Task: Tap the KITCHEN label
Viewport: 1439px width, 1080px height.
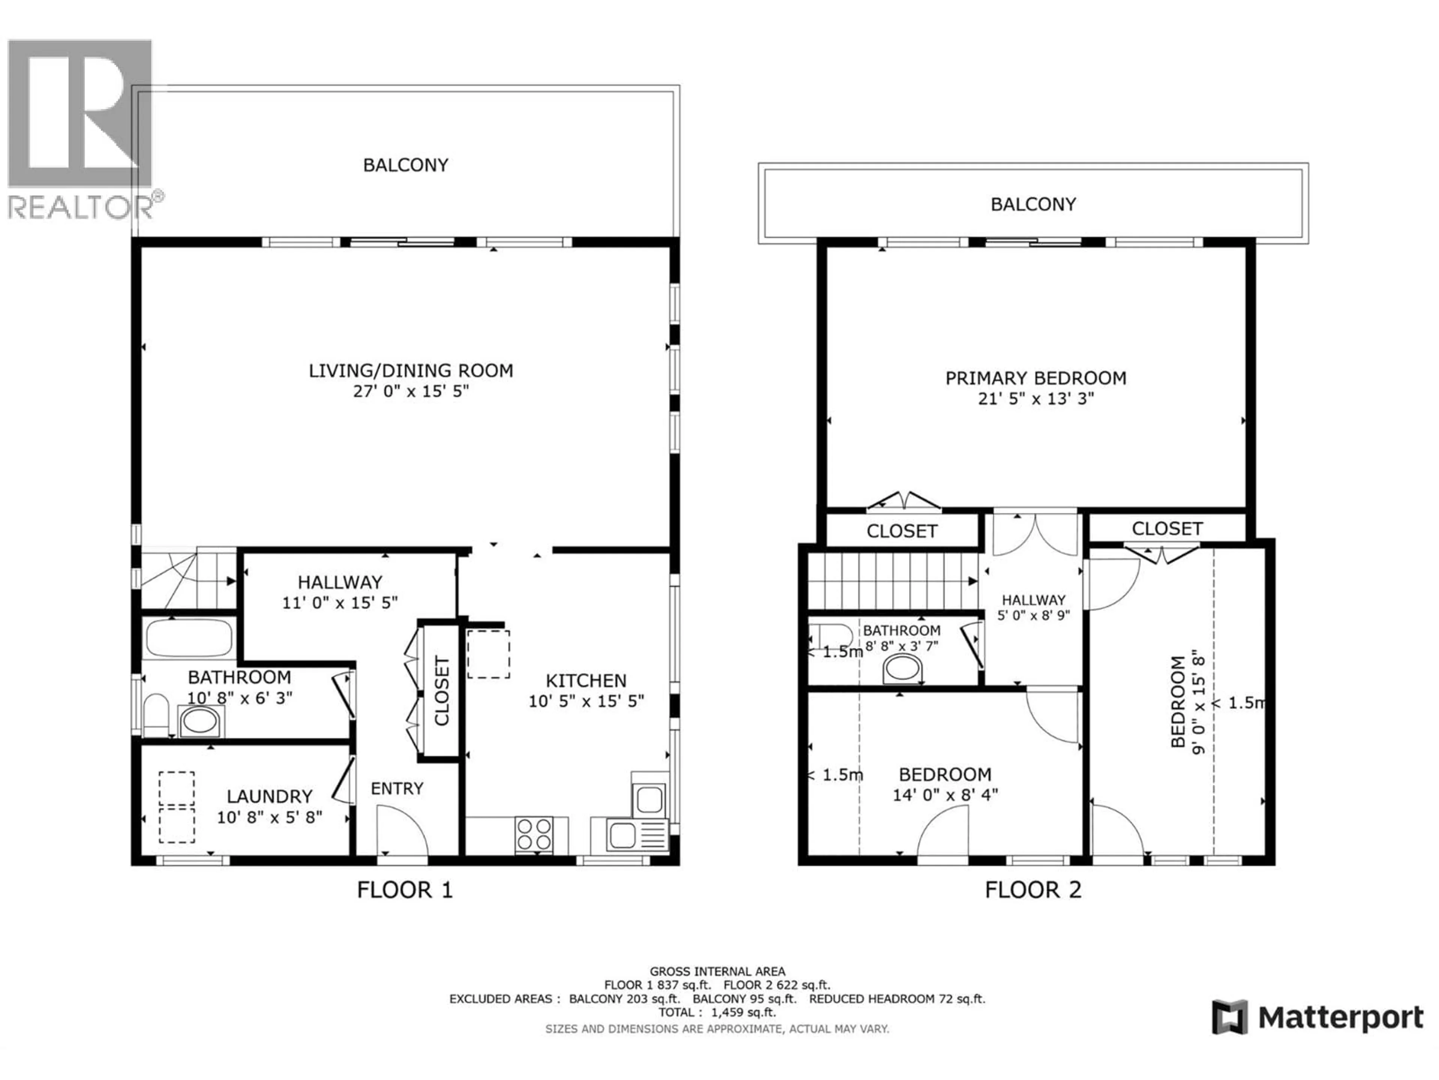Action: click(585, 681)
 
